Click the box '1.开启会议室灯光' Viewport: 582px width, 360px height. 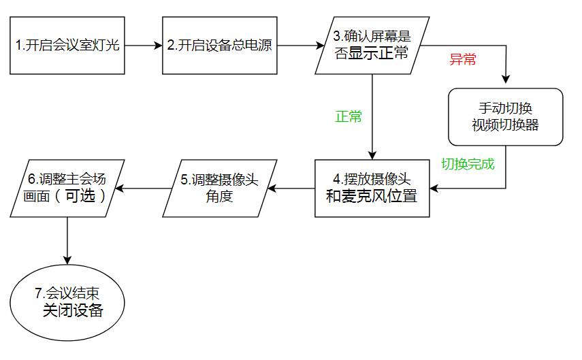coord(67,46)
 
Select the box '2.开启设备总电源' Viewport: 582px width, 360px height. coord(220,46)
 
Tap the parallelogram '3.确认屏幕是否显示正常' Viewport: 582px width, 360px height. coord(372,46)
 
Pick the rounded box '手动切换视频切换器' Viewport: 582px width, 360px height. coord(506,116)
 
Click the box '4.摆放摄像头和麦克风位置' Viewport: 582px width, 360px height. coord(372,188)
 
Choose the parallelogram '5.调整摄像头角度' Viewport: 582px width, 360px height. coord(220,188)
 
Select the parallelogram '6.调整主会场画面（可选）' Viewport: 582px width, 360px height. coord(67,188)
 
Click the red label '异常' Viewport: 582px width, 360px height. coord(463,59)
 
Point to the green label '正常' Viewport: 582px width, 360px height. coord(349,116)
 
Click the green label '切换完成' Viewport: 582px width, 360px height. coord(468,164)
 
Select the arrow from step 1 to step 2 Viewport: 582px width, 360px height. coord(144,46)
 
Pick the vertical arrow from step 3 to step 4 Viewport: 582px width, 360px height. coord(372,116)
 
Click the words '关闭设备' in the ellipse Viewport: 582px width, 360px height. coord(73,310)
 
